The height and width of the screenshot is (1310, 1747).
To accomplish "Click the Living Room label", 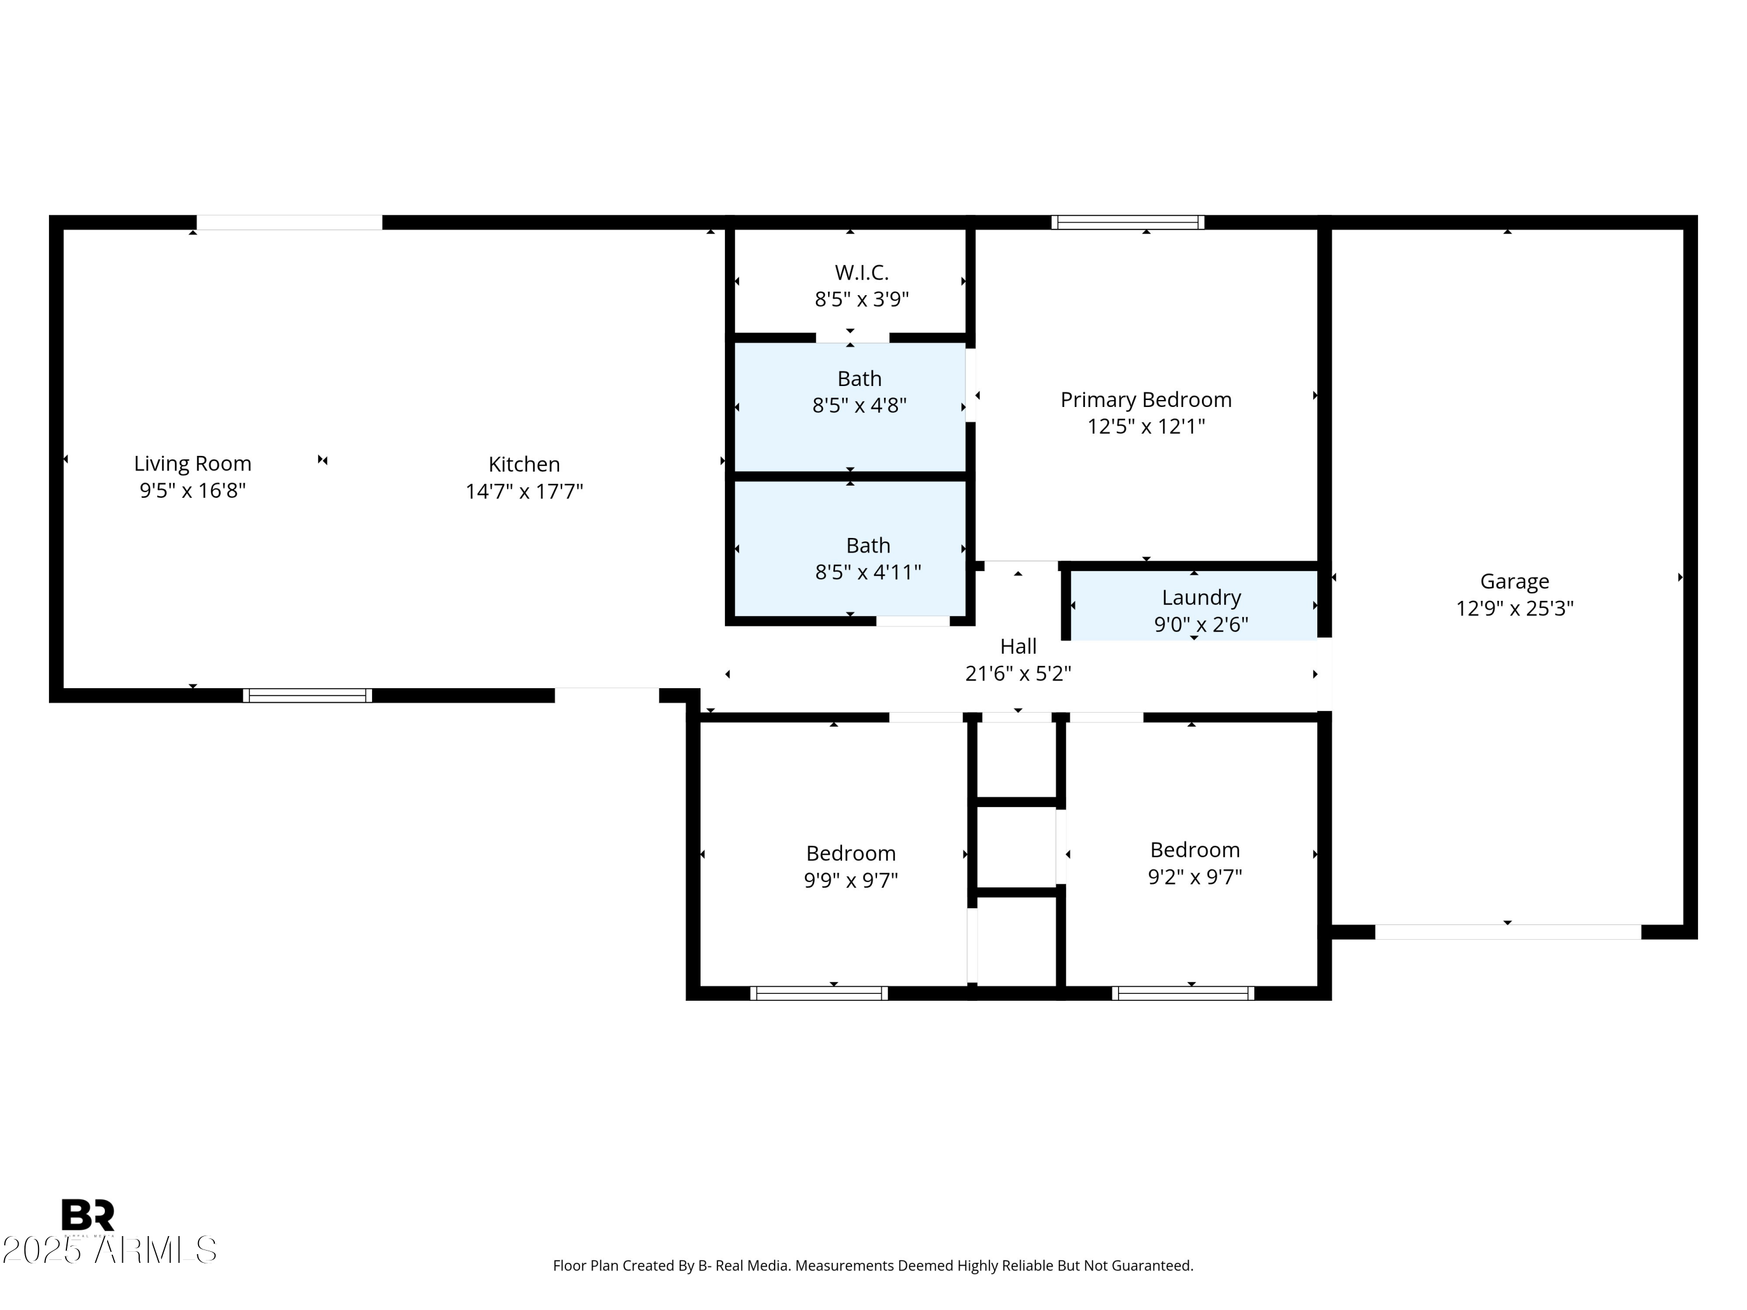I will coord(192,463).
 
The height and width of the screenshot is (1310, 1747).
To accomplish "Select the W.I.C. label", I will coord(862,272).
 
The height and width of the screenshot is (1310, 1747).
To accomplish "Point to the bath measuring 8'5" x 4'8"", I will coord(860,392).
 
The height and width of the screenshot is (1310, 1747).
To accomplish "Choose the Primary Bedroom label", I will coord(1145,399).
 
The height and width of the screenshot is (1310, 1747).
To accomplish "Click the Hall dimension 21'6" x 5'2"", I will coord(1018,674).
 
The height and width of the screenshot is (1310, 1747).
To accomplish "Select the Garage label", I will coord(1514,581).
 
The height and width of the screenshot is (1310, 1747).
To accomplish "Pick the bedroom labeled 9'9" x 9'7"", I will coord(851,866).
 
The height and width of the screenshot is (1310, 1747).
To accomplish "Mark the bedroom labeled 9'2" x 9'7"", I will coord(1194,863).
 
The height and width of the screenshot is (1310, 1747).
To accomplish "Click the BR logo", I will coord(88,1215).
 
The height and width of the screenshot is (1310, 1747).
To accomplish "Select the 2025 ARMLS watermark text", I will coord(109,1250).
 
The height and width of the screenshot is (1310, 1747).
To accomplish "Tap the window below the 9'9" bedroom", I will coord(818,993).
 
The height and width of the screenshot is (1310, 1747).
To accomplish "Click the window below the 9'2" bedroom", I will coord(1182,993).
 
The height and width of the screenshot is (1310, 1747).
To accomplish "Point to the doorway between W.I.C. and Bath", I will coord(852,338).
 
